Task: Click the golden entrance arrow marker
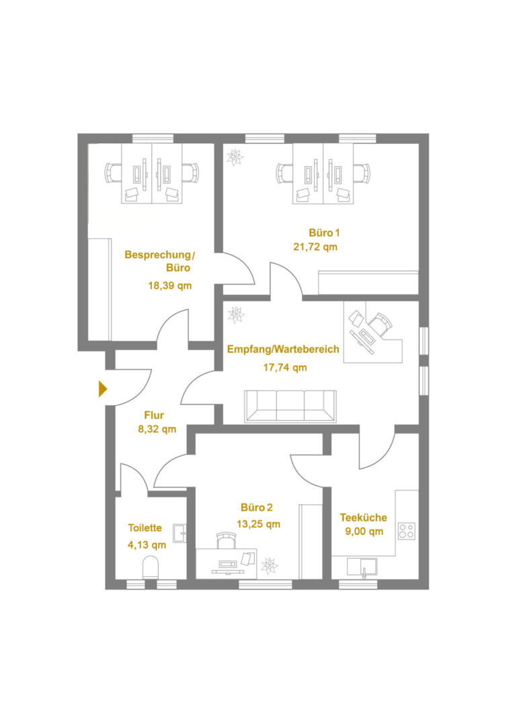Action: click(103, 389)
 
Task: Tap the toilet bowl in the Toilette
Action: click(151, 567)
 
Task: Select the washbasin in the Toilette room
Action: click(180, 533)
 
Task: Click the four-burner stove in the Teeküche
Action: click(407, 531)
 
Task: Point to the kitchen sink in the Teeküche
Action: click(362, 567)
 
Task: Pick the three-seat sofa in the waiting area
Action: click(290, 406)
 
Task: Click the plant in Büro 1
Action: click(235, 157)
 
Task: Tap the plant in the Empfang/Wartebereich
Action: click(236, 315)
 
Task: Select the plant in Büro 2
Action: click(269, 565)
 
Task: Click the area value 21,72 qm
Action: click(315, 247)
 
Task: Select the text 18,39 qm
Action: click(170, 285)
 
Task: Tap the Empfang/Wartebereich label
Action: click(283, 349)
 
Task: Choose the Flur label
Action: click(154, 415)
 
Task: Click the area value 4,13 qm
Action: click(147, 545)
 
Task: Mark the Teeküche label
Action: click(364, 518)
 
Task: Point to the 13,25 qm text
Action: click(258, 524)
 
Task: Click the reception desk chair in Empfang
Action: click(381, 322)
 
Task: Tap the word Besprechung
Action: click(157, 255)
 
